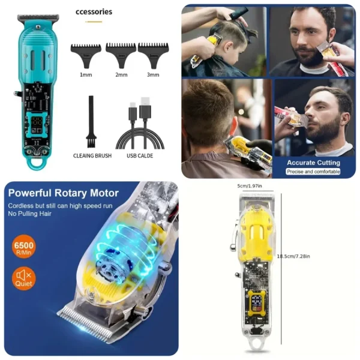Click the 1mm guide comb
click(x=85, y=53)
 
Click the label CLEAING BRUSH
click(x=92, y=156)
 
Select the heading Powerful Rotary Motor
click(x=63, y=193)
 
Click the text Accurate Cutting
click(x=313, y=163)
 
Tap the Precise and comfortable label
click(x=313, y=172)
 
